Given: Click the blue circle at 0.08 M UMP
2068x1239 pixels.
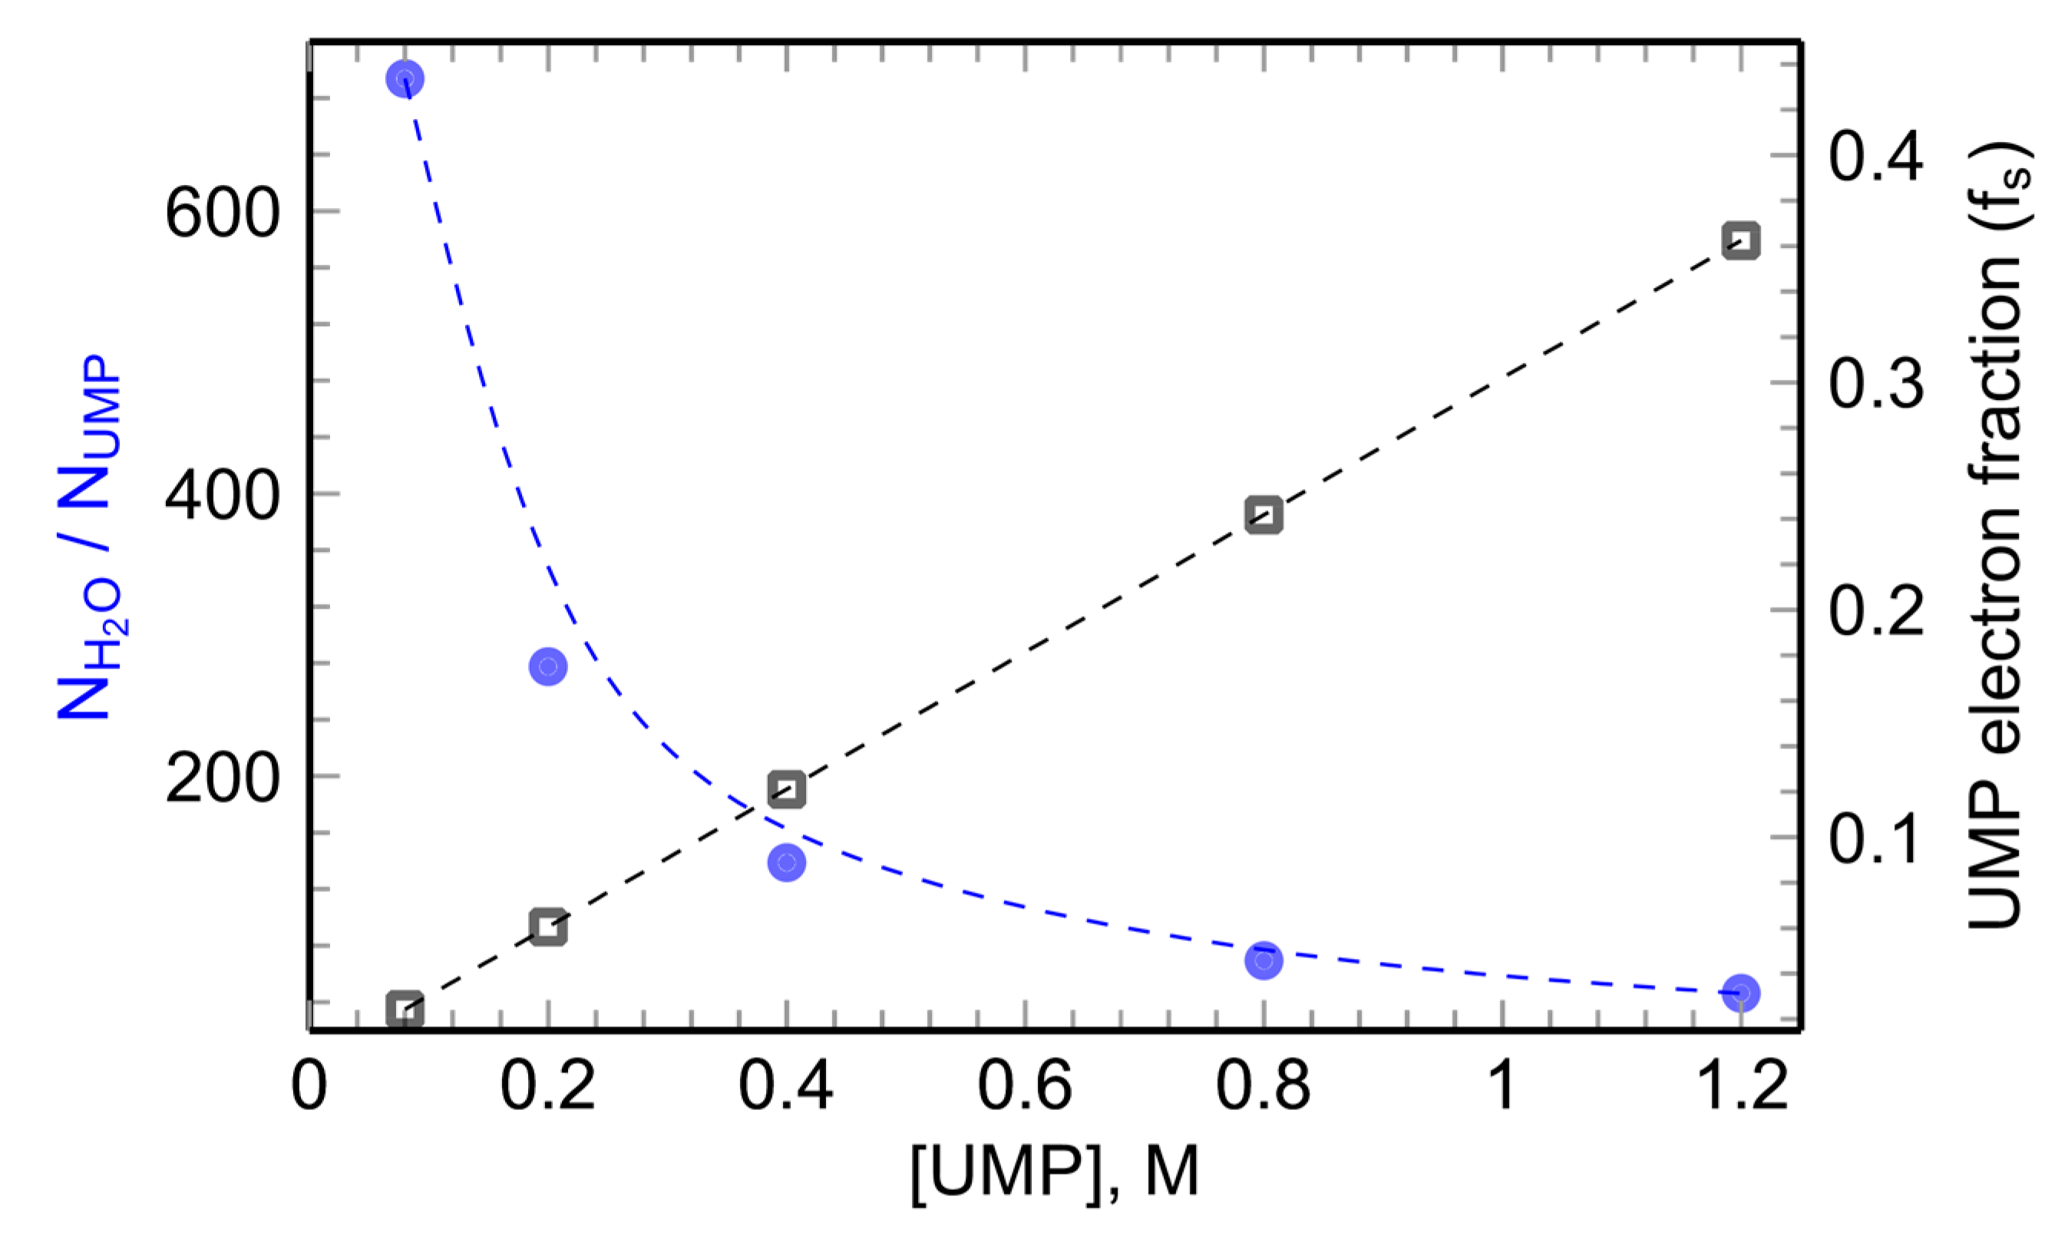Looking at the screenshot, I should tap(405, 79).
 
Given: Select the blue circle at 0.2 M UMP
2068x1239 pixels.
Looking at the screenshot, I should tap(547, 666).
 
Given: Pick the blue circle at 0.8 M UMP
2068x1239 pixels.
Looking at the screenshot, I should tap(1264, 961).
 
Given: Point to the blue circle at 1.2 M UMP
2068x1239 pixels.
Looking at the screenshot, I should tap(1741, 993).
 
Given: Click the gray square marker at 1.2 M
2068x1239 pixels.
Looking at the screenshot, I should tap(1741, 241).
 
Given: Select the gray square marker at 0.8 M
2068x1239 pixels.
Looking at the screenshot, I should tap(1264, 515).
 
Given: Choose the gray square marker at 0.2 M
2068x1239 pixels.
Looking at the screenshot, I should tap(547, 927).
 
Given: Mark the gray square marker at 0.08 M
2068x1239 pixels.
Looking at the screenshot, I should tap(405, 1009).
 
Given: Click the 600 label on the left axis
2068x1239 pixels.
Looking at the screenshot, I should tap(221, 213).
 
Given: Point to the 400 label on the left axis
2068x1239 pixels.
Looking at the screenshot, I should tap(221, 497).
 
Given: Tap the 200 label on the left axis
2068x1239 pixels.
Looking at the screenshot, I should tap(221, 780).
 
